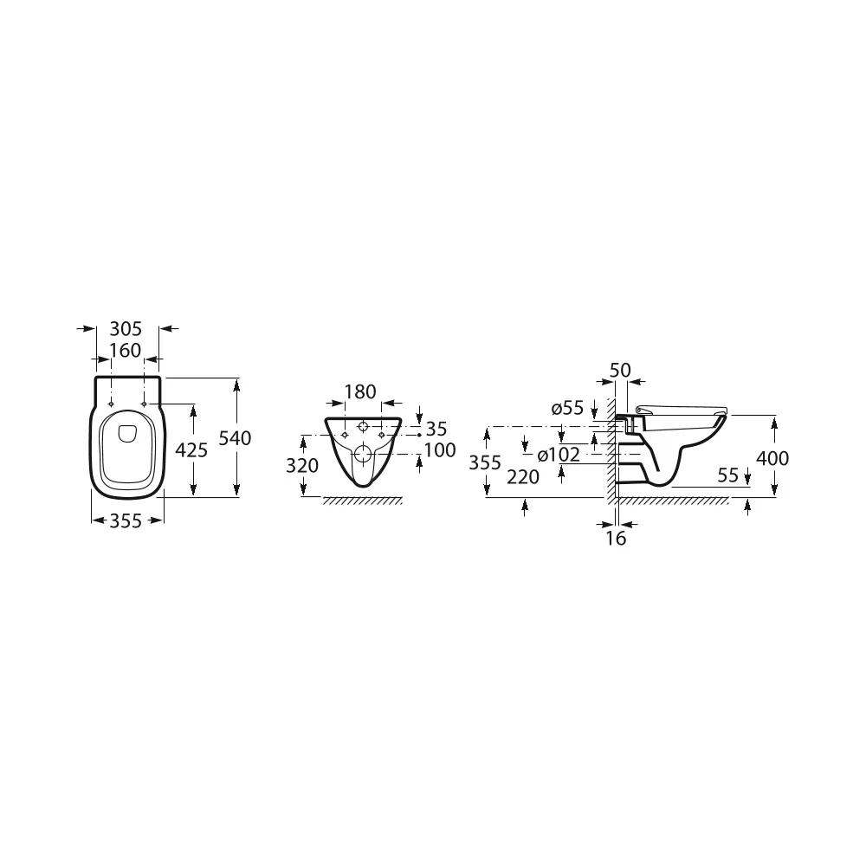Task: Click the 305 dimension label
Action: pyautogui.click(x=126, y=329)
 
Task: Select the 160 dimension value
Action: pyautogui.click(x=126, y=351)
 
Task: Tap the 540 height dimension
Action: pyautogui.click(x=236, y=438)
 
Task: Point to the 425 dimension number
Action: pyautogui.click(x=191, y=450)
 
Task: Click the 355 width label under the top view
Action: pyautogui.click(x=126, y=520)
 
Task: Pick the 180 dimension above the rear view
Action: pyautogui.click(x=360, y=392)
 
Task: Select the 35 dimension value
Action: pyautogui.click(x=436, y=430)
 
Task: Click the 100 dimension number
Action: pyautogui.click(x=440, y=450)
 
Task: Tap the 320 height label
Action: pyautogui.click(x=302, y=466)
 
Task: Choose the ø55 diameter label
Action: pyautogui.click(x=567, y=409)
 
